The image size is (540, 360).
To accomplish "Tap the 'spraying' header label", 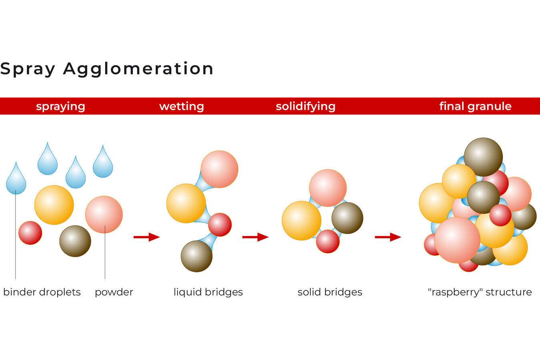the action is (60, 106).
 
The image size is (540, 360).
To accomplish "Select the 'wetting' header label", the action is (182, 106).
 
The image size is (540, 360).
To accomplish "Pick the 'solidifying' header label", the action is (306, 106).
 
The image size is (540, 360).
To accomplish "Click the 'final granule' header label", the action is (475, 106).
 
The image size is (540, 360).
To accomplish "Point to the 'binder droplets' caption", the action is (42, 292).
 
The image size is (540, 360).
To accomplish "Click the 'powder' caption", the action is (114, 292).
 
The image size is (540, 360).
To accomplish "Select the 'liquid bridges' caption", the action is (208, 292).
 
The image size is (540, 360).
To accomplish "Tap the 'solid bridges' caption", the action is (330, 292).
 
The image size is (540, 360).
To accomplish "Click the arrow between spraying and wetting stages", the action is (146, 237).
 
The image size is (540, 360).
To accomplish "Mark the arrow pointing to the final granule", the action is (388, 237).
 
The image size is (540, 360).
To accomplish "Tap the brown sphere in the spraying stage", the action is (75, 241).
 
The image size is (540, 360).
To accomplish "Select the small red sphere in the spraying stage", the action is (30, 233).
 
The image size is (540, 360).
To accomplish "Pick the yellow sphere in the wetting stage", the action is (186, 203).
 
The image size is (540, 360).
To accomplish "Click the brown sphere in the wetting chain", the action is (197, 256).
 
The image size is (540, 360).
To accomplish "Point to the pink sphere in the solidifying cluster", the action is (328, 188).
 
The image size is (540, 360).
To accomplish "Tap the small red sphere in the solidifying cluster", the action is (328, 241).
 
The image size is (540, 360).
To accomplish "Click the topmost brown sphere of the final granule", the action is (483, 157).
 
